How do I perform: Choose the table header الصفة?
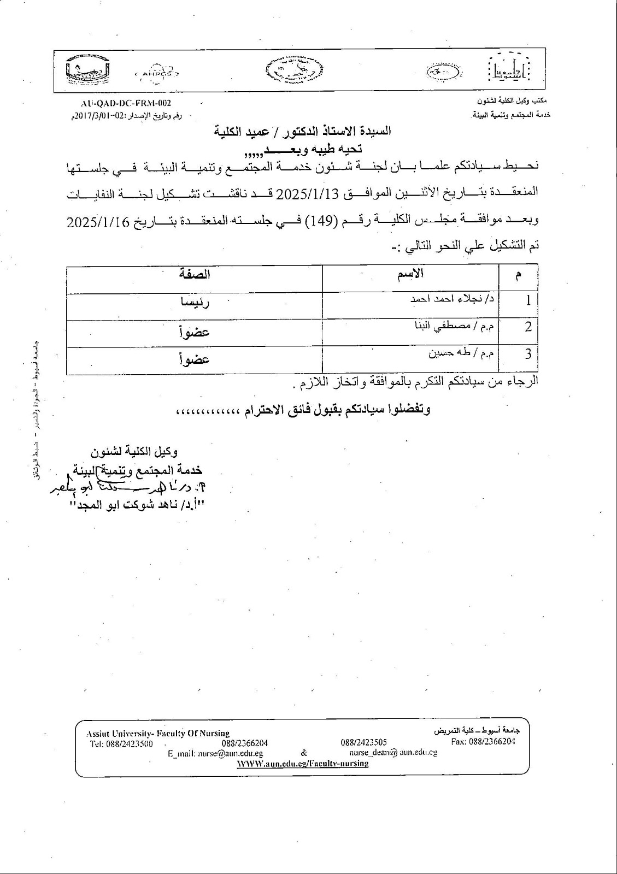(x=194, y=275)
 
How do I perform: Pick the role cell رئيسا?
(x=194, y=302)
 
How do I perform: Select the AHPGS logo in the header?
(x=157, y=73)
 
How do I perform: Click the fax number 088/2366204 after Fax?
(x=492, y=741)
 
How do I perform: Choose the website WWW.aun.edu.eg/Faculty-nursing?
(x=302, y=763)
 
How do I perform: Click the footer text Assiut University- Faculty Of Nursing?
(x=158, y=733)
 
